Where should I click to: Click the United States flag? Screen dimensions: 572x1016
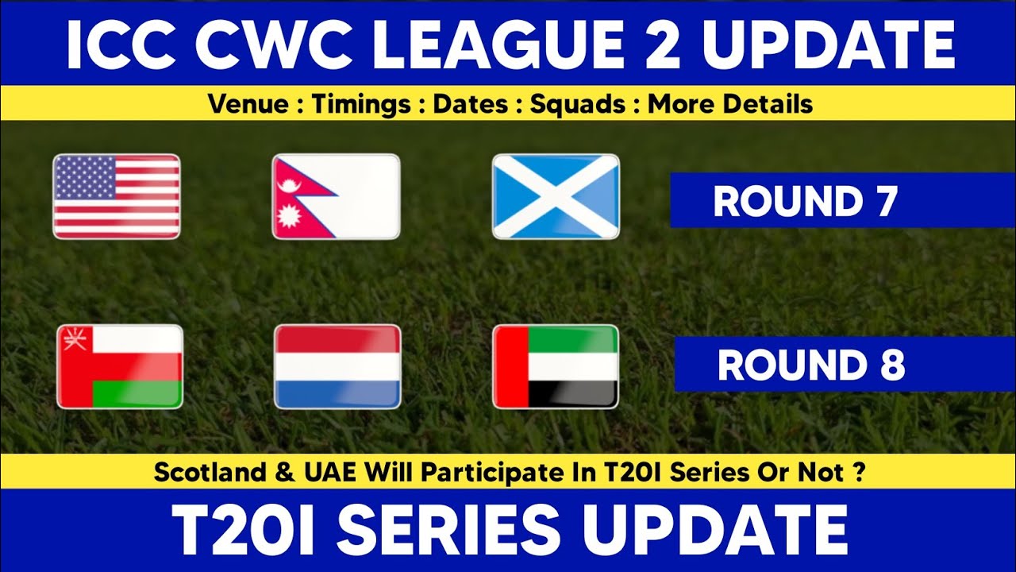click(x=116, y=196)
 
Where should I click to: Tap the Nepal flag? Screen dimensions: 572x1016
click(x=335, y=196)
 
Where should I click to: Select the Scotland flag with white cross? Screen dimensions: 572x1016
click(x=556, y=196)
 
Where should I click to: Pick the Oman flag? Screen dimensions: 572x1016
click(x=120, y=366)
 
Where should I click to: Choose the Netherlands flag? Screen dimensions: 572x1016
click(x=337, y=366)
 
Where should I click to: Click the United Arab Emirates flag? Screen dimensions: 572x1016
click(x=556, y=366)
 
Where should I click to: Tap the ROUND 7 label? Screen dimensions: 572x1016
click(x=805, y=201)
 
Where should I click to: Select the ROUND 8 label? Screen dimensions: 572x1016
click(x=811, y=365)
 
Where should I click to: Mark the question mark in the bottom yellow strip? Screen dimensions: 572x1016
click(x=860, y=473)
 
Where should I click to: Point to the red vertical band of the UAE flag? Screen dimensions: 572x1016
click(x=510, y=366)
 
